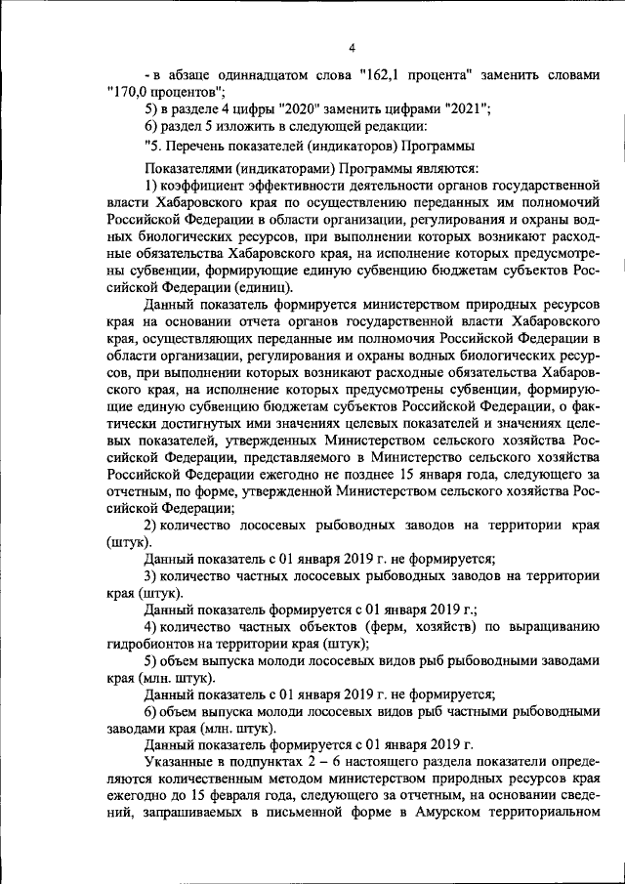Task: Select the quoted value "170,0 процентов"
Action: [x=162, y=91]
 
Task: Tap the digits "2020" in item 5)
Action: [x=298, y=109]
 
